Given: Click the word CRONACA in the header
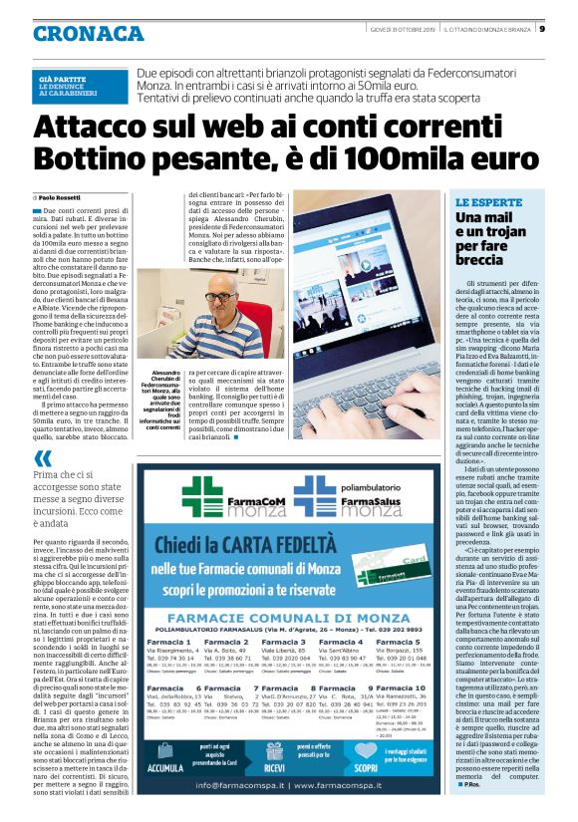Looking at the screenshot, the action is click(x=88, y=34).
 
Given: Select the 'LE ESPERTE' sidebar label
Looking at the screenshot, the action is click(x=481, y=202).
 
